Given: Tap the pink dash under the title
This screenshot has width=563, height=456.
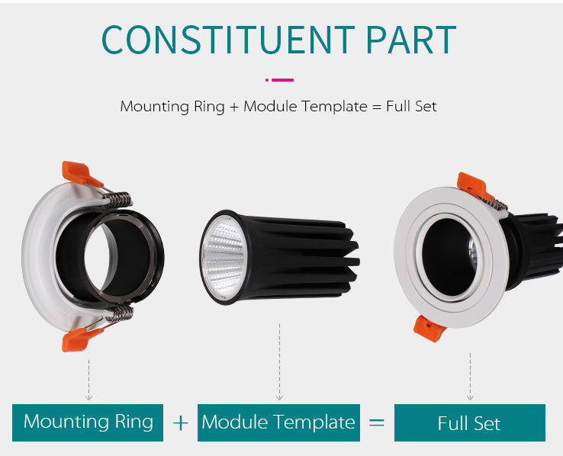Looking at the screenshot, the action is point(282,79).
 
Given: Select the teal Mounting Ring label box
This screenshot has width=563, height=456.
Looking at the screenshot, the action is point(88,422).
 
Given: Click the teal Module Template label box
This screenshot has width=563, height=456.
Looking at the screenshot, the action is point(278,422).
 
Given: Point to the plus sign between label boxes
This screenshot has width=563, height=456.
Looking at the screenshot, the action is point(180,422).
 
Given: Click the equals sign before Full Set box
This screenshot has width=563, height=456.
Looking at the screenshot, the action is point(376,422).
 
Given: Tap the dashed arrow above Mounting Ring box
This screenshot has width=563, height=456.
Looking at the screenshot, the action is point(88,378).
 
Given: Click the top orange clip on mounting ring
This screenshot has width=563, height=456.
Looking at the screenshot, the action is point(80,175).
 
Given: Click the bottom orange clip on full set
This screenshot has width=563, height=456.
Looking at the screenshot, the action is point(429,328).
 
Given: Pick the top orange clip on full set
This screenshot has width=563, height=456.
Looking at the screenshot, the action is point(471,184).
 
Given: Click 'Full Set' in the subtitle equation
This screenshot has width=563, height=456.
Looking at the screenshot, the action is point(411,106).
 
